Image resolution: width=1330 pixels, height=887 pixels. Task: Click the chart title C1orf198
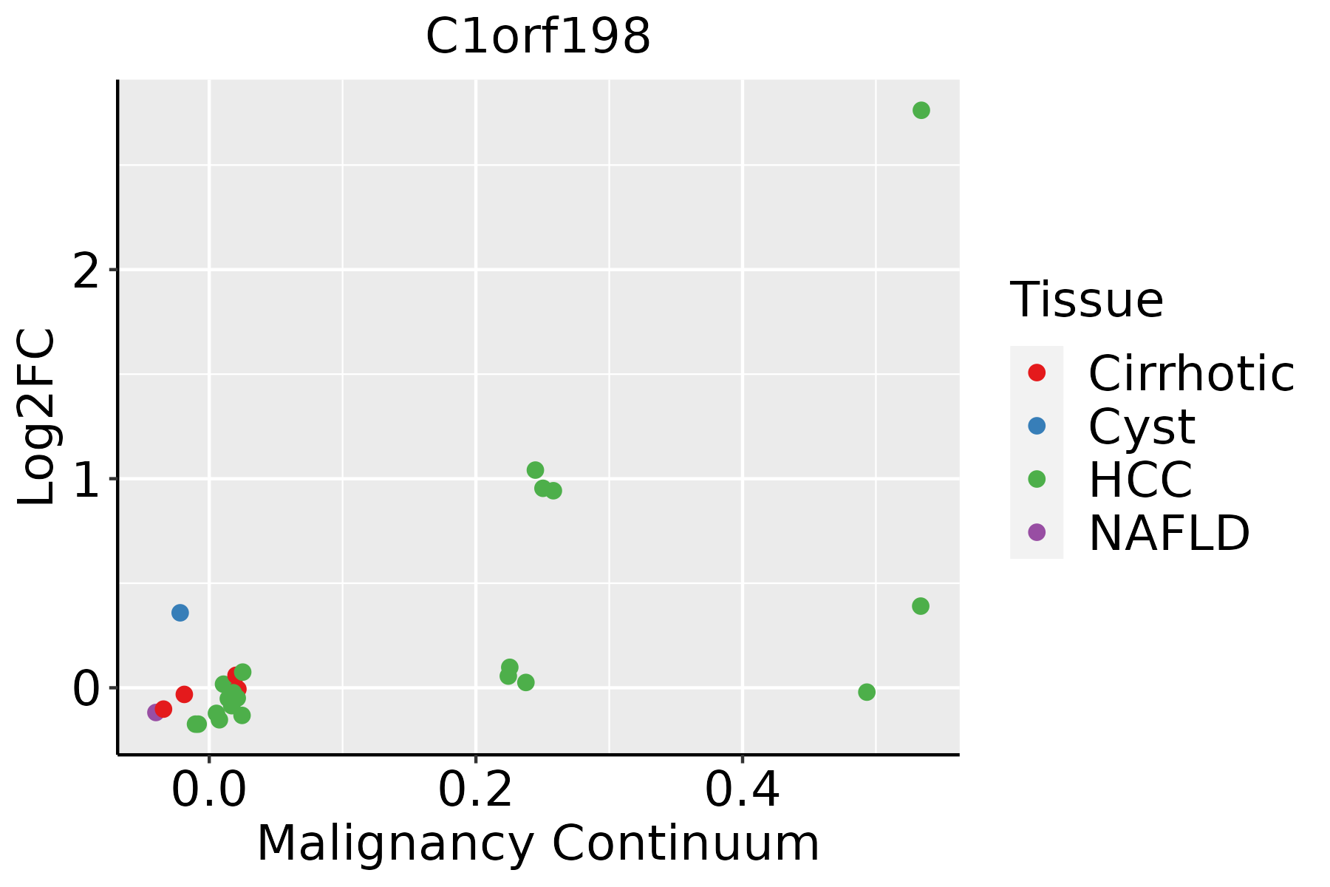click(538, 35)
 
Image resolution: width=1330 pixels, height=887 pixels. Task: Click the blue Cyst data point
click(180, 613)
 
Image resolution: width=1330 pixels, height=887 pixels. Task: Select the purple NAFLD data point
click(155, 713)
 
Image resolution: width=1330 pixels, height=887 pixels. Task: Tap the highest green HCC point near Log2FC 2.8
click(921, 110)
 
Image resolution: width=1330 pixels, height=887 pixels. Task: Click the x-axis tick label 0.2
click(476, 790)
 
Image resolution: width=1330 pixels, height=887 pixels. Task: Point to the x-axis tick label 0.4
click(742, 790)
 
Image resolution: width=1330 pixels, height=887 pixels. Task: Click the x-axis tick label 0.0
click(209, 790)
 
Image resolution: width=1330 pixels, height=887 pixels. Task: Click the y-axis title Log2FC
click(37, 418)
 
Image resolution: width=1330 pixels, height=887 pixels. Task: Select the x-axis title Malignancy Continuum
click(538, 843)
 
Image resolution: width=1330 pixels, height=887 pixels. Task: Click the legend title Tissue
click(1087, 300)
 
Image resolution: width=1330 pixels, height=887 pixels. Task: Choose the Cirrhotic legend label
click(1191, 373)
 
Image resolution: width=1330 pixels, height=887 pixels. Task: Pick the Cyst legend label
click(1142, 426)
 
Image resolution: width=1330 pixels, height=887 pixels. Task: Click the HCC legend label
click(1141, 480)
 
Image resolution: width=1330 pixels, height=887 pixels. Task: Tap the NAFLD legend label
click(1170, 533)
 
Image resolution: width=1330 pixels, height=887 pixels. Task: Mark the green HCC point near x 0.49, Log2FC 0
click(867, 693)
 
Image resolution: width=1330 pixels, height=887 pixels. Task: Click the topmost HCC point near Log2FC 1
click(536, 470)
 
